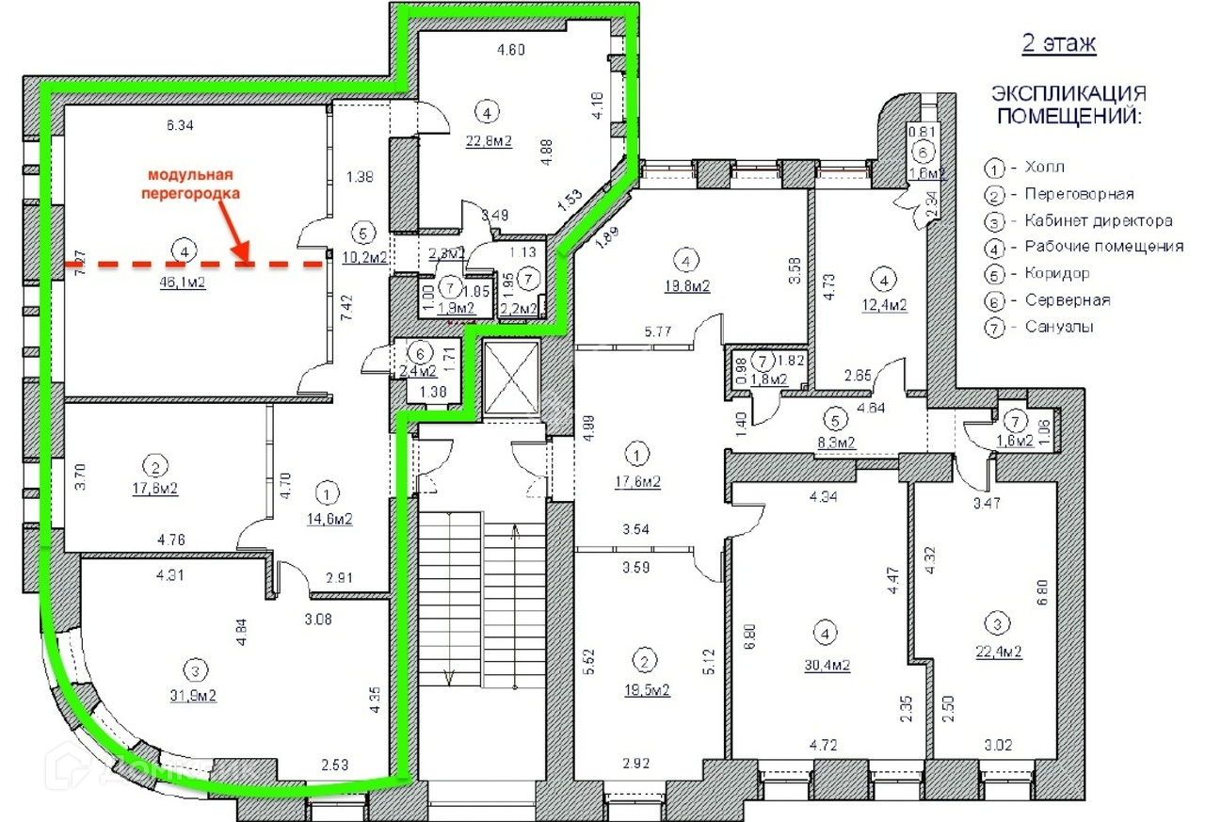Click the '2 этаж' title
tap(1059, 44)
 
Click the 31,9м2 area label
tap(195, 696)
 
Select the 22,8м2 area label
tap(488, 141)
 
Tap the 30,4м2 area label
tap(827, 665)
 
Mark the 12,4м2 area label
tap(883, 304)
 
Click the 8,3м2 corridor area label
tap(835, 442)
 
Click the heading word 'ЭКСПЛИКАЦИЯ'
tap(1068, 94)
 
